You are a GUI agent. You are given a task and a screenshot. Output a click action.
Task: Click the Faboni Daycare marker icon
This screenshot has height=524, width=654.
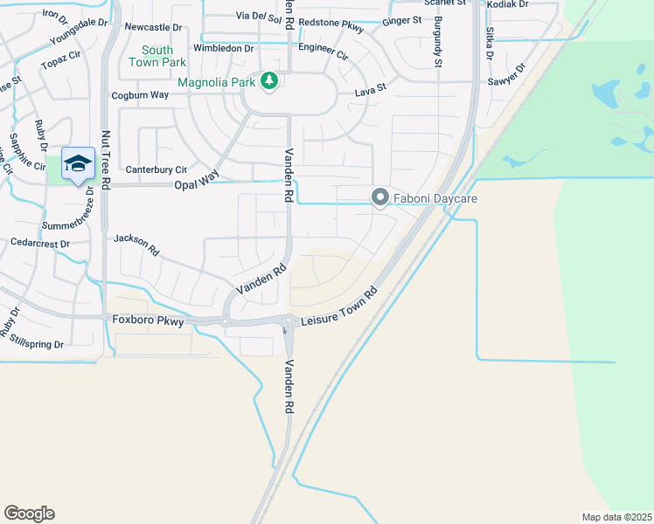pyautogui.click(x=380, y=198)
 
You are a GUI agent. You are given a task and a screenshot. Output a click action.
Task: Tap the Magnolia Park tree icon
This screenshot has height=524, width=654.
pyautogui.click(x=270, y=81)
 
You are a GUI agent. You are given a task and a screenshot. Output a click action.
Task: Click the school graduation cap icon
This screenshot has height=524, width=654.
pyautogui.click(x=78, y=162)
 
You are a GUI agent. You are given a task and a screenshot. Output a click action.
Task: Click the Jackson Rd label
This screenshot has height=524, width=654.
pyautogui.click(x=137, y=244)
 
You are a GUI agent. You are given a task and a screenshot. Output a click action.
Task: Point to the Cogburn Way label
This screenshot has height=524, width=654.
pyautogui.click(x=140, y=95)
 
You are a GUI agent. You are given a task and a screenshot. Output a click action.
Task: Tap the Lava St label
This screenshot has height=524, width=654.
pyautogui.click(x=370, y=90)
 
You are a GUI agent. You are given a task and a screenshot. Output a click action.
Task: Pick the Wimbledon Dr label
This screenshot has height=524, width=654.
pyautogui.click(x=224, y=48)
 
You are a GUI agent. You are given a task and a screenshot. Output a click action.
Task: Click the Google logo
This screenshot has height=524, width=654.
pyautogui.click(x=29, y=514)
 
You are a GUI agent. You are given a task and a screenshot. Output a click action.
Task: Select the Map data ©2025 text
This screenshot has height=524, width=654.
pyautogui.click(x=616, y=517)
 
